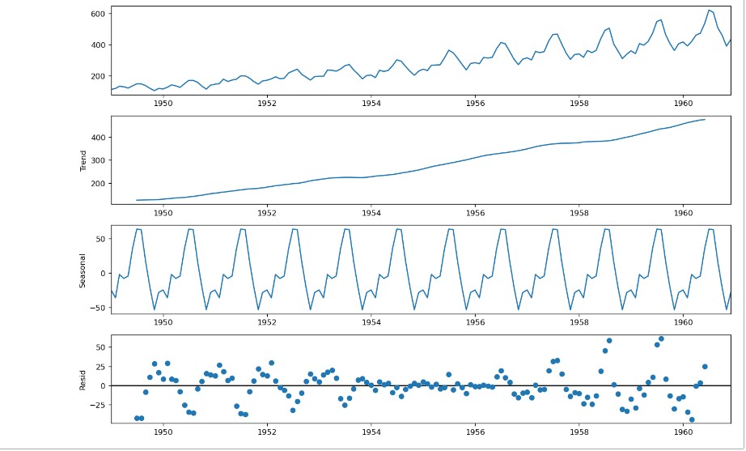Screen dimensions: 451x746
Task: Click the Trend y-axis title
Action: point(83,160)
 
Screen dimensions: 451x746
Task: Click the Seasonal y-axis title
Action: point(83,270)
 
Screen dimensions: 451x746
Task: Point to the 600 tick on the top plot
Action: point(97,14)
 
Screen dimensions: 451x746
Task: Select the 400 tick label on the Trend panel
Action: point(97,138)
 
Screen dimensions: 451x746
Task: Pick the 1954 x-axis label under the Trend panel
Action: point(371,213)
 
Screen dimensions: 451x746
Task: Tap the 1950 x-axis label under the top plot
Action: point(163,104)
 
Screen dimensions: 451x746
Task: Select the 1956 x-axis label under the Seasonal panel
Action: point(475,322)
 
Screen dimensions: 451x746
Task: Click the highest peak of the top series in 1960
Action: point(710,10)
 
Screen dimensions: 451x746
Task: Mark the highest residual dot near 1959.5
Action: point(661,338)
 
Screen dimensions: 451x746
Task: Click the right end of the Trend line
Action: point(705,120)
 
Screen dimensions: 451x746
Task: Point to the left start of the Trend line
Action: point(137,200)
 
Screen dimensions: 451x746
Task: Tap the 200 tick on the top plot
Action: point(97,75)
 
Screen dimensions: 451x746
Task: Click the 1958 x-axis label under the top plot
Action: point(579,104)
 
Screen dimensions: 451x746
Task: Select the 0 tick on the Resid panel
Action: point(104,386)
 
